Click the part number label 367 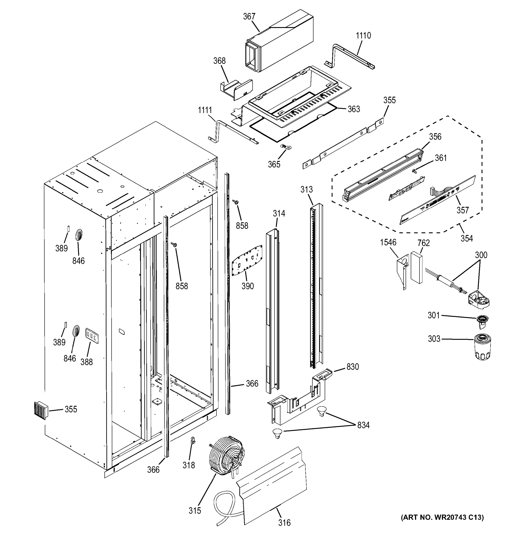coord(249,17)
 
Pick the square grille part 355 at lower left coord(41,410)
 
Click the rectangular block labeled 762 coord(416,267)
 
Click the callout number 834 coord(363,425)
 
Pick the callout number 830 coord(353,367)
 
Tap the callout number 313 coord(307,190)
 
